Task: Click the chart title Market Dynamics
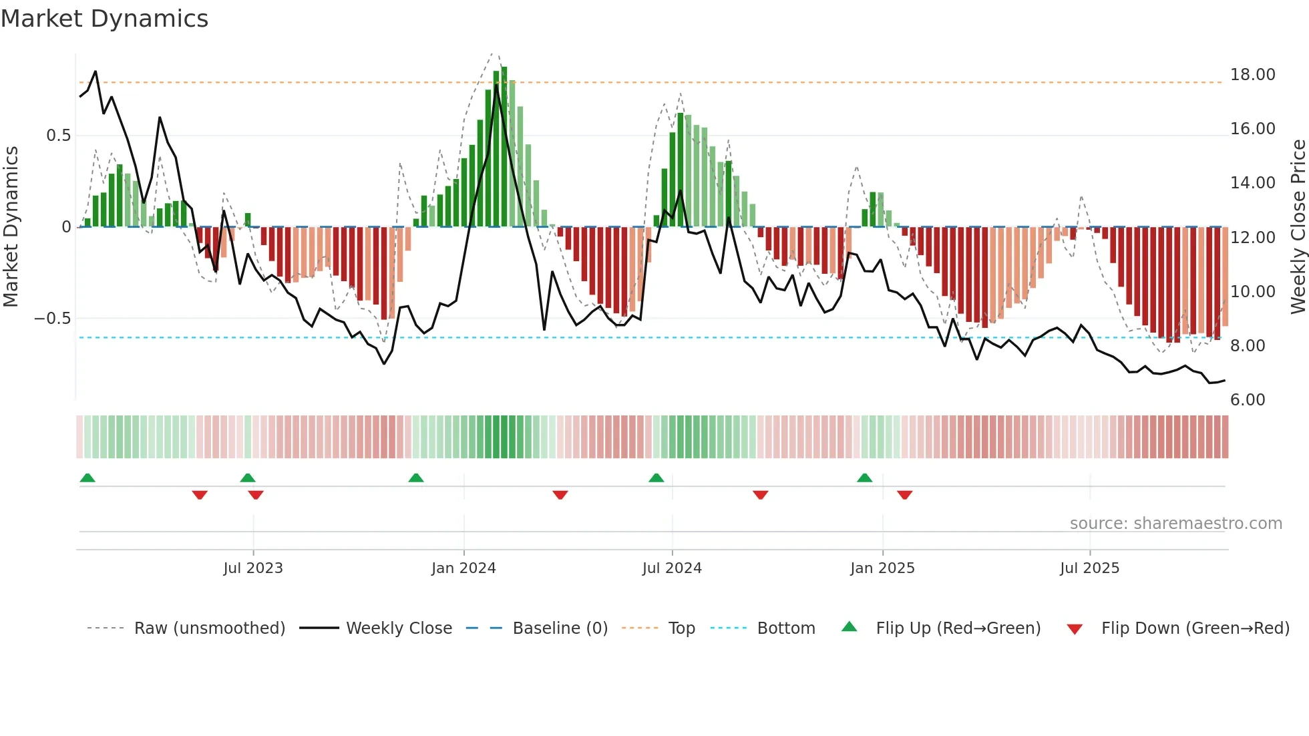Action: pyautogui.click(x=104, y=19)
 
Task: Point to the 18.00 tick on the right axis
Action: pyautogui.click(x=1252, y=75)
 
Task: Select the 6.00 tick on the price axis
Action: pyautogui.click(x=1247, y=400)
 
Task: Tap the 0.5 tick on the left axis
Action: pyautogui.click(x=58, y=136)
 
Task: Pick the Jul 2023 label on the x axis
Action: pyautogui.click(x=253, y=568)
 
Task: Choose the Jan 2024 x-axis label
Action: pyautogui.click(x=463, y=568)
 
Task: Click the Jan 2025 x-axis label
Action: pyautogui.click(x=882, y=568)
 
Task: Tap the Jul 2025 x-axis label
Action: pyautogui.click(x=1089, y=568)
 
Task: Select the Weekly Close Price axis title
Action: pyautogui.click(x=1298, y=227)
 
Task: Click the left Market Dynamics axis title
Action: pyautogui.click(x=11, y=227)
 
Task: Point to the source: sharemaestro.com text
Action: pyautogui.click(x=1175, y=524)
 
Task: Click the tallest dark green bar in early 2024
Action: pyautogui.click(x=504, y=147)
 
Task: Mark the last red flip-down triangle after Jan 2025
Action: pyautogui.click(x=905, y=495)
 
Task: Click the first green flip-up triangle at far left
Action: pyautogui.click(x=87, y=478)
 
